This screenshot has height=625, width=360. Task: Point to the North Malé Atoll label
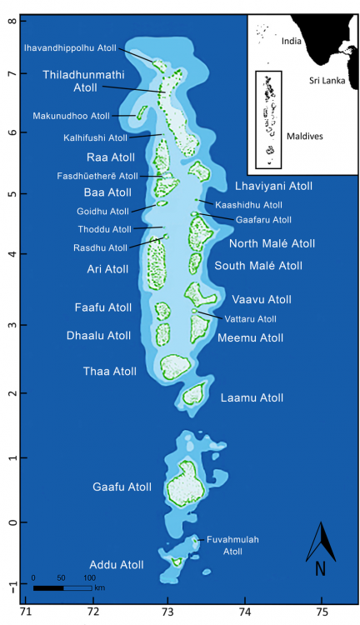[x=272, y=243]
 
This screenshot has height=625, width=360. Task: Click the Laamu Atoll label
[x=252, y=397]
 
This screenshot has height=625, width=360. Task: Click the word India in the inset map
[x=291, y=40]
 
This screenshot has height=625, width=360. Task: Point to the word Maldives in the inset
[x=308, y=135]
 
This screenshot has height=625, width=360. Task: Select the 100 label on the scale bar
[x=88, y=577]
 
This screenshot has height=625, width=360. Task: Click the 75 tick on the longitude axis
[x=322, y=611]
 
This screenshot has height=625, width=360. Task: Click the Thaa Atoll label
[x=109, y=371]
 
